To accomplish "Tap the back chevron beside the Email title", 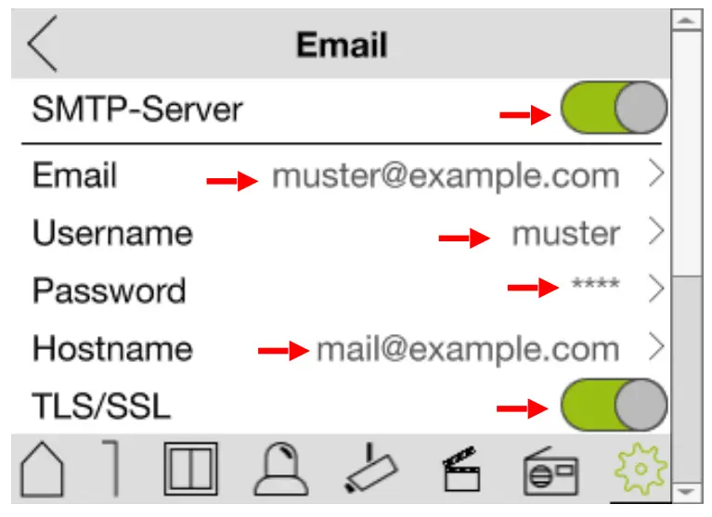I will (43, 44).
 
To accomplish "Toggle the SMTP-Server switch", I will (614, 110).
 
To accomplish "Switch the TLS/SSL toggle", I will (614, 406).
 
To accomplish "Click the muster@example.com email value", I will (445, 175).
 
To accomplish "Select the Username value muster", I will (565, 234).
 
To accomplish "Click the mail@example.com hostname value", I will (467, 349).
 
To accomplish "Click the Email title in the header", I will (342, 45).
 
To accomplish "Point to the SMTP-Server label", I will (137, 110).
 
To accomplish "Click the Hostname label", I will (112, 349).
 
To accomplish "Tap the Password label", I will (110, 291).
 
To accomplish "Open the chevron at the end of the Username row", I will (656, 232).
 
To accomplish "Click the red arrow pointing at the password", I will (532, 289).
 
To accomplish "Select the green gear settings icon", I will (640, 470).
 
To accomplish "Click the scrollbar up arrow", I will (686, 19).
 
